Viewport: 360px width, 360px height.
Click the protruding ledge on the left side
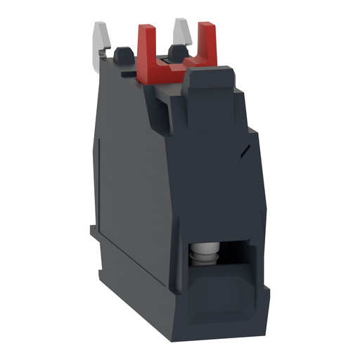tap(96, 231)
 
